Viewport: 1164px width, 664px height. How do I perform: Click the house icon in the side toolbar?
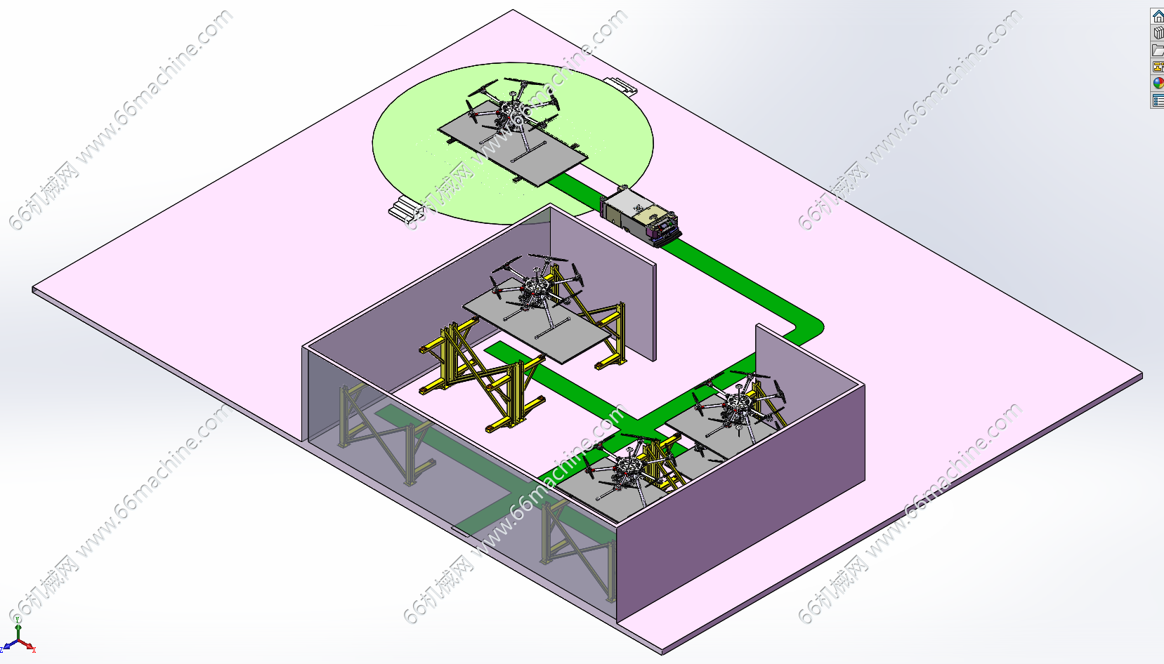point(1158,17)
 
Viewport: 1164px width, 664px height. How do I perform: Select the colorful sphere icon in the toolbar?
point(1158,83)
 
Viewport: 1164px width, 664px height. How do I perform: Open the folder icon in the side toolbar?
point(1158,50)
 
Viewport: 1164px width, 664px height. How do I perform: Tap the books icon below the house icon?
point(1158,33)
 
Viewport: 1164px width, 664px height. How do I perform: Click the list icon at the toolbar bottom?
point(1158,100)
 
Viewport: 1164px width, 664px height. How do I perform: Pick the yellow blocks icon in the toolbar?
point(1158,67)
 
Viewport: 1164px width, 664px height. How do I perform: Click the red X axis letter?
point(34,650)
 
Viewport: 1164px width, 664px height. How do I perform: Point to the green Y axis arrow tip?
point(18,625)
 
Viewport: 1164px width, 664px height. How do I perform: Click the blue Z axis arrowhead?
point(6,647)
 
